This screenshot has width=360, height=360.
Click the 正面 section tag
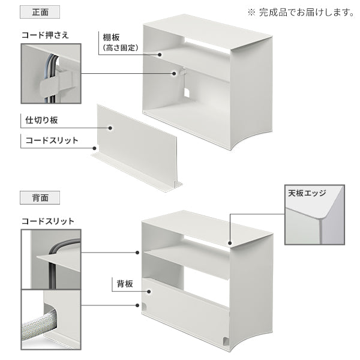point(40,12)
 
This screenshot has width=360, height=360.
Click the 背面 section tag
point(40,197)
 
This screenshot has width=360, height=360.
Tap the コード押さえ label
point(45,35)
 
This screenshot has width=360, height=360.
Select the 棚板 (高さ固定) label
point(121,43)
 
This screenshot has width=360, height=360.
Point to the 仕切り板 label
point(41,120)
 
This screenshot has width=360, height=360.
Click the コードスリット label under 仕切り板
point(52,140)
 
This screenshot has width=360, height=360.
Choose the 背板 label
point(125,284)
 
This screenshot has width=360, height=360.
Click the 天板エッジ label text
point(307,193)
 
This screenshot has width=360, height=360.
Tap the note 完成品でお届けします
point(307,13)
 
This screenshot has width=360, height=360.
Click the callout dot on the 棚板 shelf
point(160,55)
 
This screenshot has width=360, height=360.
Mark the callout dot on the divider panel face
point(110,128)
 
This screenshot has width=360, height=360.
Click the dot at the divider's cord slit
point(94,148)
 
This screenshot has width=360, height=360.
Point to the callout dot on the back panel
point(149,292)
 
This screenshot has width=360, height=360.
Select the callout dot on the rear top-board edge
point(230,243)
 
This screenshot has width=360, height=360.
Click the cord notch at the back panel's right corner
point(226,341)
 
